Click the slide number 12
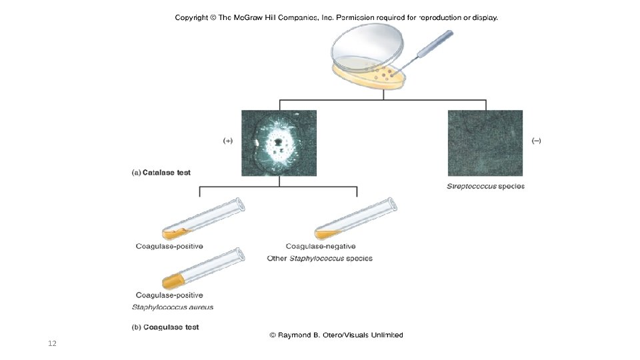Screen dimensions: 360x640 52,343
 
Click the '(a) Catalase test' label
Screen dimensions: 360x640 161,173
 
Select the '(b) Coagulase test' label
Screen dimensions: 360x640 165,327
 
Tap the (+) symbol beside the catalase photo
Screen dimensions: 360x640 227,141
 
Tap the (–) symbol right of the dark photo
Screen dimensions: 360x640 537,141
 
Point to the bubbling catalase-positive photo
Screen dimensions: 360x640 279,143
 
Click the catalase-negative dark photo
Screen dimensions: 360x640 485,143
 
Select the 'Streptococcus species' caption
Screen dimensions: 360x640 485,186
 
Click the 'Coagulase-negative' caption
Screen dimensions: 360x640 321,246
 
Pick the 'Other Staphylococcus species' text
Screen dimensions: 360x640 319,258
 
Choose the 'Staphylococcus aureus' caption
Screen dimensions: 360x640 173,307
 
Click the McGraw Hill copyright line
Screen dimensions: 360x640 336,17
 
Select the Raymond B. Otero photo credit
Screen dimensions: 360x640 336,335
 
